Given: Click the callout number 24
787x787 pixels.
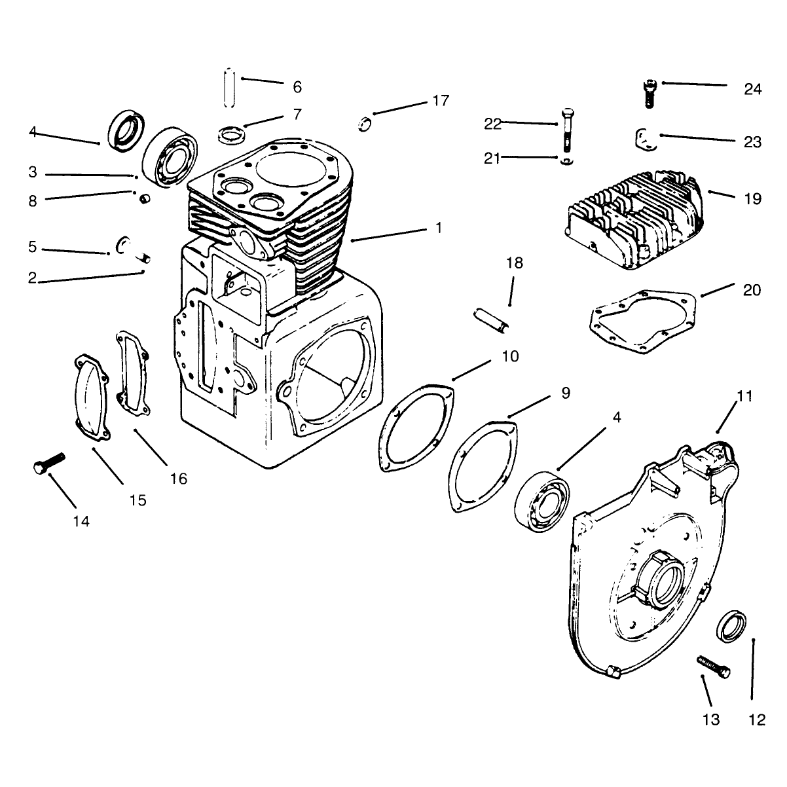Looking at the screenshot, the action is pos(752,89).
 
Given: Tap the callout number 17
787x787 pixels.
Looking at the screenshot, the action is pos(441,100).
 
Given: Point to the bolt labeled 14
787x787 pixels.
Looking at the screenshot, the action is pos(49,463).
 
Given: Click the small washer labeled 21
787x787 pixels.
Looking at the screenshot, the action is pos(567,161).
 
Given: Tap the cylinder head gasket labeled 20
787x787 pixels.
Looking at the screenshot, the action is pos(643,321).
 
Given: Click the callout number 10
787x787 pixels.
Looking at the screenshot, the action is pos(510,356).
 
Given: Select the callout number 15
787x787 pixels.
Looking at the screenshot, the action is pos(137,500).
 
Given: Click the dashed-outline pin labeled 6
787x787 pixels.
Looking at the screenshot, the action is pos(230,88).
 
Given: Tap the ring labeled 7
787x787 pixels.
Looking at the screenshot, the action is pos(232,135).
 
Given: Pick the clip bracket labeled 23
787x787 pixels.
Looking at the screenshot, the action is pos(646,139).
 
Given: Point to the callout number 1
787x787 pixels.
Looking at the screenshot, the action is pos(439,227).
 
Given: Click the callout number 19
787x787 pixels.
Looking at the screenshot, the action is pos(753,199).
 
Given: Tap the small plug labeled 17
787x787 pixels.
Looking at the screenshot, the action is pos(364,124).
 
